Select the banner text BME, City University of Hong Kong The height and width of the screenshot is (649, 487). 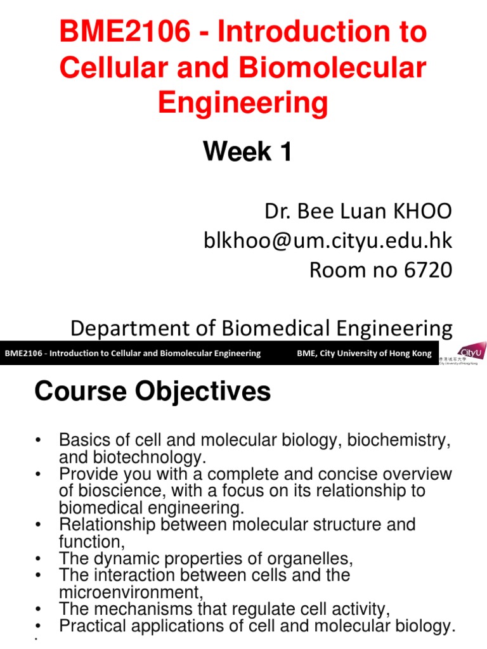[364, 354]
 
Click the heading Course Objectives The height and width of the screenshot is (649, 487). [153, 392]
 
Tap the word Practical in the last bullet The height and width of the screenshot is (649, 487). [94, 626]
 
